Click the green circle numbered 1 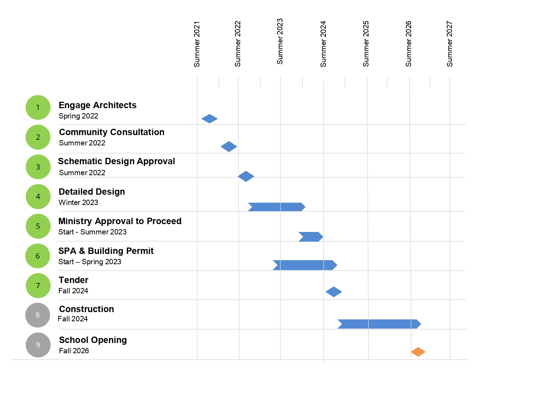coord(38,107)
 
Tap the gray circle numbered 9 coord(38,345)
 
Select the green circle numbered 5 coord(38,226)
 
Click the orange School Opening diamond coord(418,352)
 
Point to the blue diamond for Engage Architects coord(209,119)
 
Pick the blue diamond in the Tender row coord(334,292)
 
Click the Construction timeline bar coord(379,324)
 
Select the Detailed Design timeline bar coord(276,207)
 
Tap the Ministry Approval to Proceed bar coord(311,237)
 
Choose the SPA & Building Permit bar coord(305,265)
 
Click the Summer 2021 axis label coord(197,44)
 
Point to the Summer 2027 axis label coord(449,44)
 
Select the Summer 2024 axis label coord(323,44)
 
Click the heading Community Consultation coord(112,132)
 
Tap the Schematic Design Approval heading coord(117,161)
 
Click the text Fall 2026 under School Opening coord(74,351)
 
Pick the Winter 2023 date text coord(78,203)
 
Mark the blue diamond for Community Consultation coord(229,146)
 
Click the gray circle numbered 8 coord(38,315)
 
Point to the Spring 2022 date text coord(78,116)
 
